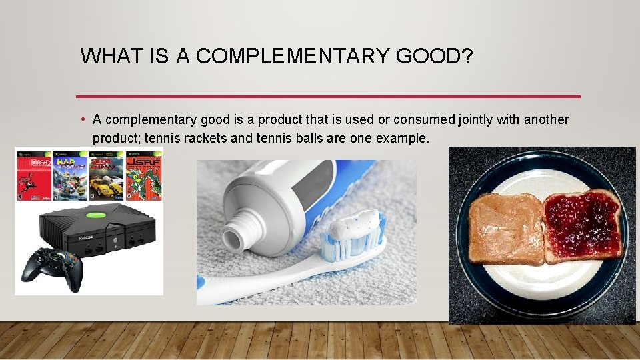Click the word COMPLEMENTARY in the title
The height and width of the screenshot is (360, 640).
tap(293, 57)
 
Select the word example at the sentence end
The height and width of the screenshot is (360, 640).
tap(404, 138)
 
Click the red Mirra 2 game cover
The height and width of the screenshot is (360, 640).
tap(33, 177)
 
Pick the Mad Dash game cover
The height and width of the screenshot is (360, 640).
tap(70, 177)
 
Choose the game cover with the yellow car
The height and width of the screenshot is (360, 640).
tap(107, 177)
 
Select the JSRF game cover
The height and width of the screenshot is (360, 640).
tap(143, 177)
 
